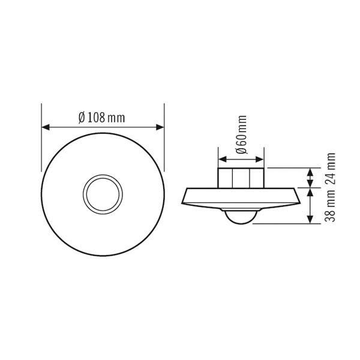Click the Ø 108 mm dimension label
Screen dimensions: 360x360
coord(102,118)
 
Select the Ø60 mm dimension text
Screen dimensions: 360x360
coord(241,134)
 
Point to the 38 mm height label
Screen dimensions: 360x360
coord(330,206)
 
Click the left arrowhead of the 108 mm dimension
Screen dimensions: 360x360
coord(46,127)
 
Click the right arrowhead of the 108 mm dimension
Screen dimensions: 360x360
coord(160,127)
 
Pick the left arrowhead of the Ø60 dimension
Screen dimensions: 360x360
coord(223,160)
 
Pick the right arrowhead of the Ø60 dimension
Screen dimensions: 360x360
coord(260,160)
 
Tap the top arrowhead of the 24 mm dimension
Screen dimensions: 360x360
coord(310,172)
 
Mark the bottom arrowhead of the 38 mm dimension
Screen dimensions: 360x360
coord(310,219)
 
